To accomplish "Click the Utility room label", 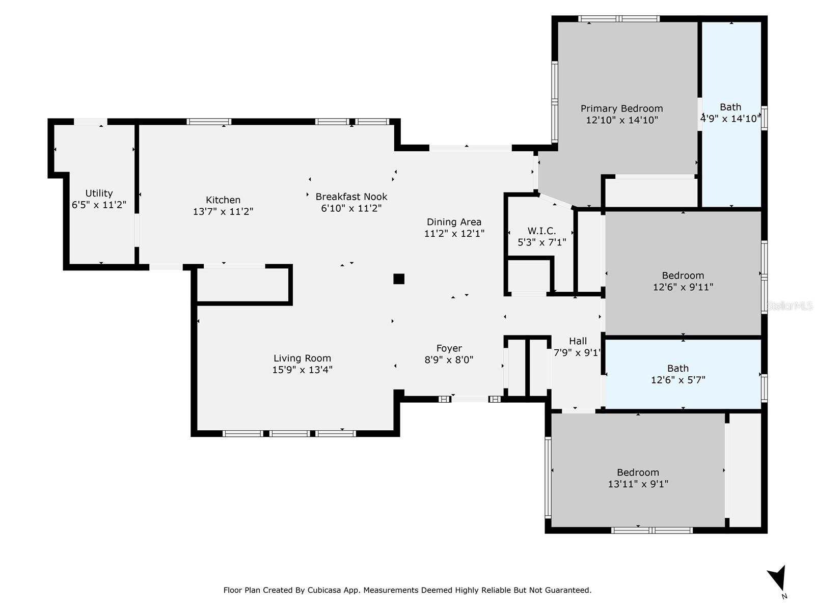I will coord(99,193).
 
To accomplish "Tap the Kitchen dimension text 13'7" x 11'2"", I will coord(223,211).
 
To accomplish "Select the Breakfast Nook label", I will coord(351,197).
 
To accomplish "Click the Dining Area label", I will coord(454,222).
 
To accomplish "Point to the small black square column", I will coord(399,279).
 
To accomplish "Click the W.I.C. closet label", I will coord(541,231).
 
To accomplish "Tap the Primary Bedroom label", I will coord(621,108).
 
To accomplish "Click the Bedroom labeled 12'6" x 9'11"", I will coord(683,281).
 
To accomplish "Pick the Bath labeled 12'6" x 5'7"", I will coord(678,374).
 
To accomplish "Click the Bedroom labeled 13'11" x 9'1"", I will coord(638,478).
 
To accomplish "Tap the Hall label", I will coord(578,341).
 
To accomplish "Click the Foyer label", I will coord(449,348).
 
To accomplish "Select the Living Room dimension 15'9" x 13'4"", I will coord(302,370).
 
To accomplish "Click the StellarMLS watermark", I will coord(790,305).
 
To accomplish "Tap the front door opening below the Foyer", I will coord(470,399).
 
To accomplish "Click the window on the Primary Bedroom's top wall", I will coord(619,19).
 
